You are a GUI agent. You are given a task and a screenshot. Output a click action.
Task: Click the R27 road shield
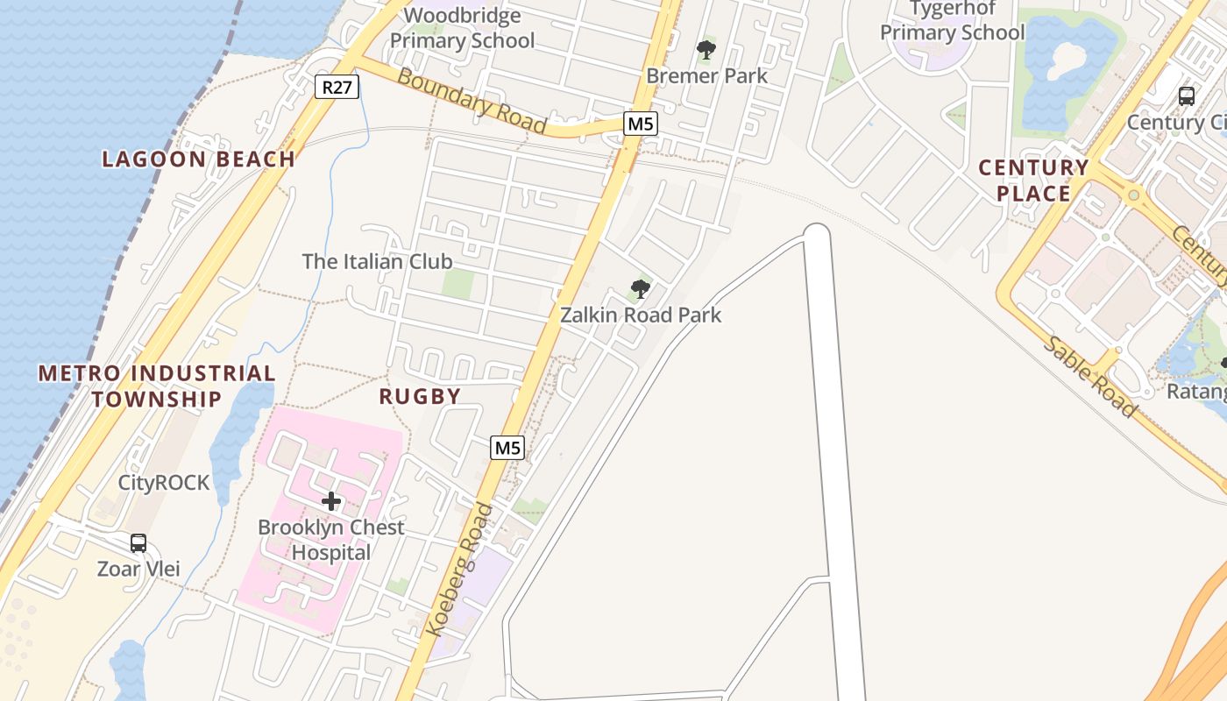[x=337, y=86]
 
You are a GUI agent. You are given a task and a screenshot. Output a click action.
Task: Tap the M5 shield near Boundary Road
[x=641, y=124]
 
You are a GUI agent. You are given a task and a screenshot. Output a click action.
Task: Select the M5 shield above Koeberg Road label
[x=507, y=448]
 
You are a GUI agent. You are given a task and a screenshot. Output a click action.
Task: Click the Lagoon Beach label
[x=198, y=159]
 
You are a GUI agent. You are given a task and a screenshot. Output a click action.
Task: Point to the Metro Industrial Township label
[x=156, y=386]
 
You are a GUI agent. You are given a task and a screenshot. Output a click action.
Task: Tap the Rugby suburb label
[x=420, y=396]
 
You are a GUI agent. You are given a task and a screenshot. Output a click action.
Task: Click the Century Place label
[x=1033, y=181]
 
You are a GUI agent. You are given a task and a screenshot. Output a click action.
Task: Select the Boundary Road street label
[x=472, y=102]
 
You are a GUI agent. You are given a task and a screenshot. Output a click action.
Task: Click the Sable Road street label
[x=1089, y=376]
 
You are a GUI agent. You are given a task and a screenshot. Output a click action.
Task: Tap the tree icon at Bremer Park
[x=706, y=50]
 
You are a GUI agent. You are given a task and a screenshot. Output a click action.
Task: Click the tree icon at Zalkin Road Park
[x=641, y=288]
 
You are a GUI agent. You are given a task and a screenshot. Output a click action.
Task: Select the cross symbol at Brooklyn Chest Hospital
[x=331, y=501]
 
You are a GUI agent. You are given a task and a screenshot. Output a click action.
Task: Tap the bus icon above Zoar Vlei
[x=138, y=543]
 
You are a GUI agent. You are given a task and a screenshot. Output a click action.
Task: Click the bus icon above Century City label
[x=1187, y=96]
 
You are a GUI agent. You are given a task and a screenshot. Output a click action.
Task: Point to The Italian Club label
[x=377, y=261]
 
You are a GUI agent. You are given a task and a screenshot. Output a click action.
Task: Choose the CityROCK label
[x=164, y=483]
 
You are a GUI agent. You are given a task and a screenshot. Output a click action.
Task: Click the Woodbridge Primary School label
[x=462, y=28]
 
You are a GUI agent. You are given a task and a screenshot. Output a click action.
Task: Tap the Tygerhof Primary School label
[x=952, y=21]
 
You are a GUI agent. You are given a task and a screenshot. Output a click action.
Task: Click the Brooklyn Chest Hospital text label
[x=331, y=540]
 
